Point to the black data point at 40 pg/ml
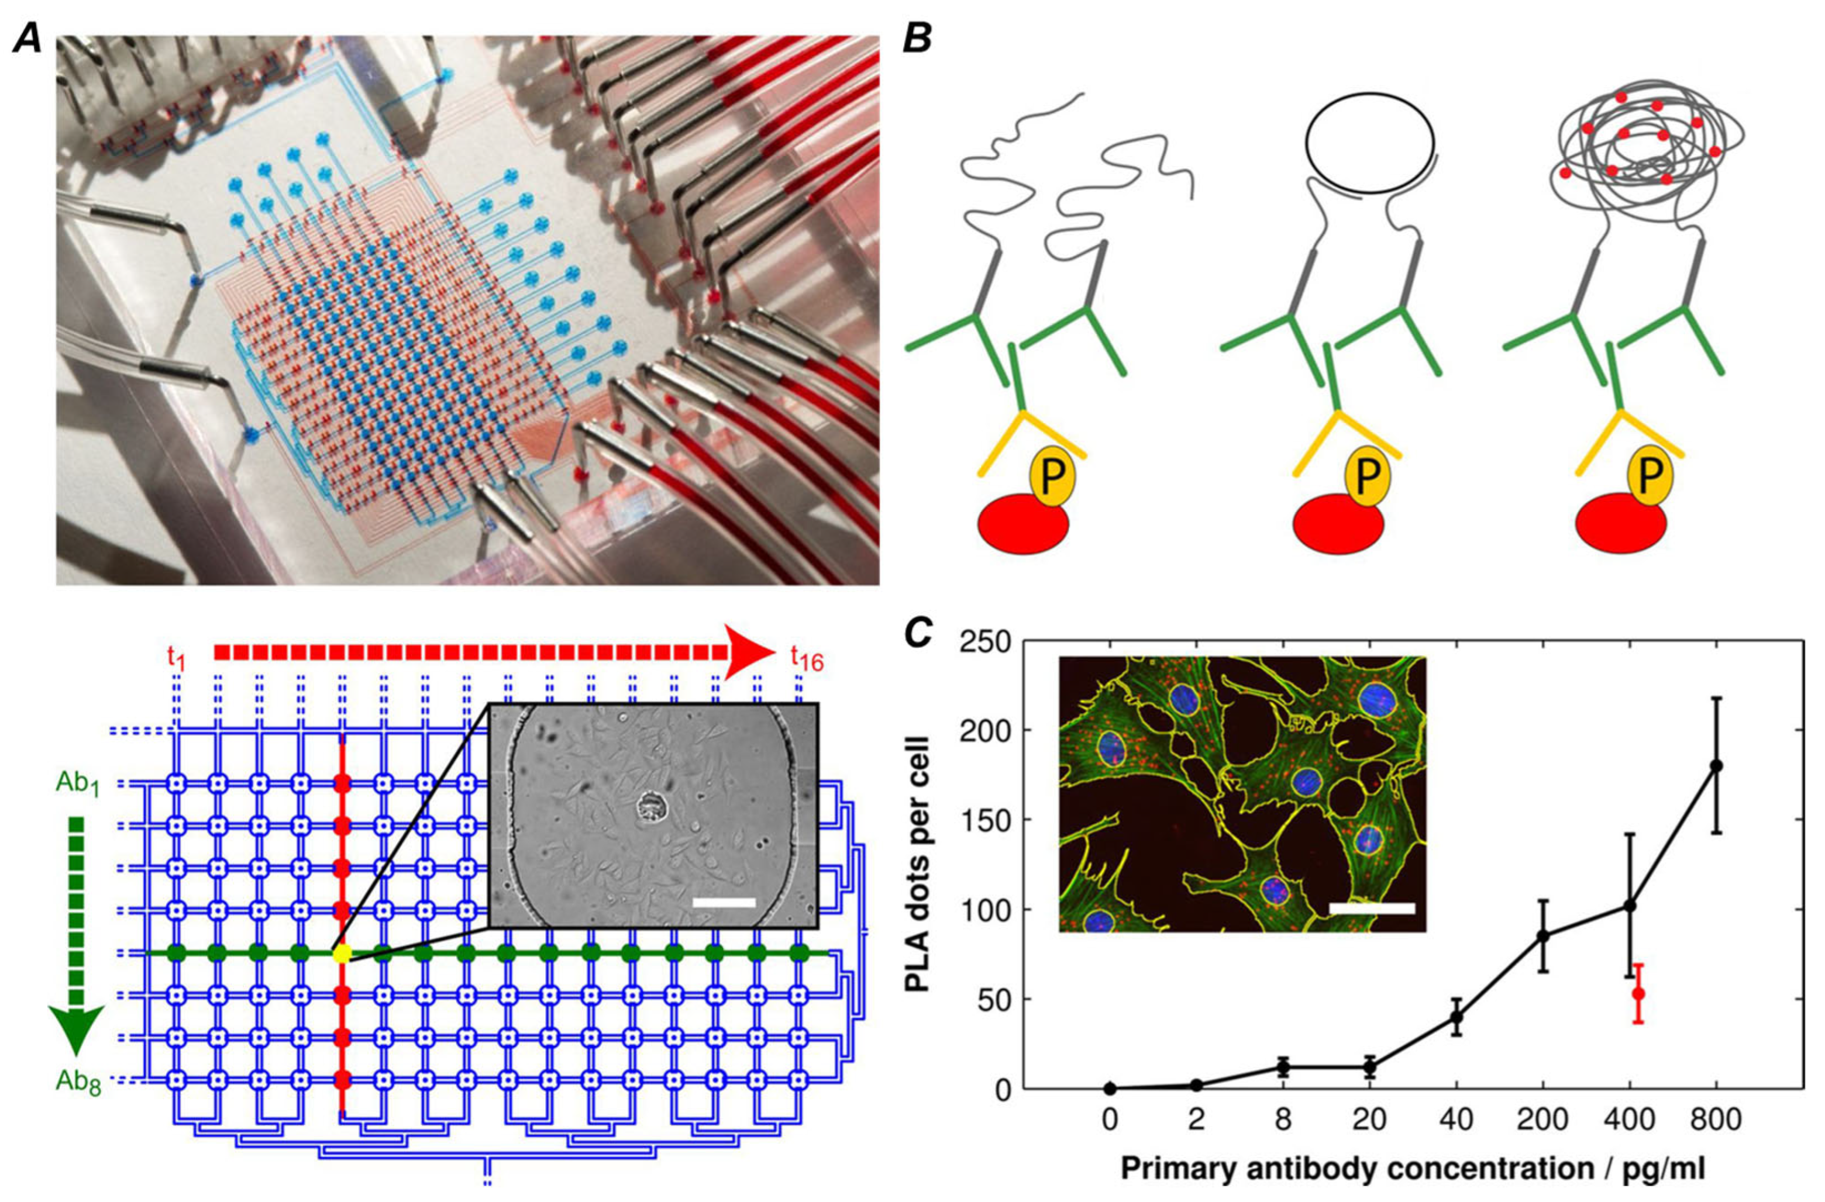point(1456,1017)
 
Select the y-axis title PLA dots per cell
point(917,865)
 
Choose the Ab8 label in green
point(78,1081)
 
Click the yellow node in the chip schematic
point(342,954)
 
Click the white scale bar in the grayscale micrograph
point(724,902)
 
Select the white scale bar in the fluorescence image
point(1372,907)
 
